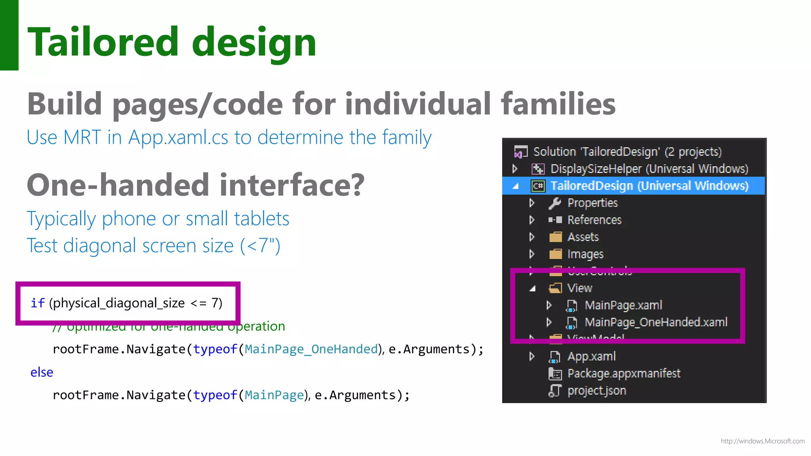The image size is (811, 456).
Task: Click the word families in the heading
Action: [558, 104]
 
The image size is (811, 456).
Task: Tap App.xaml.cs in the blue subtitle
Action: [178, 138]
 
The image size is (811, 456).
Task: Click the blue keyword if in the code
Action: [37, 303]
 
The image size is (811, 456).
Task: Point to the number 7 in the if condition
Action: [215, 303]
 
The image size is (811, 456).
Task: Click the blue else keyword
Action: [42, 372]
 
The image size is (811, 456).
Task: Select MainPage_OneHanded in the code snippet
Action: [311, 349]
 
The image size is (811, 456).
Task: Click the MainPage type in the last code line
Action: [274, 395]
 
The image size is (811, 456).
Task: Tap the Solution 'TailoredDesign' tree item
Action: [627, 152]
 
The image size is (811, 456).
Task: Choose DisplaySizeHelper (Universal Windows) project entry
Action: [649, 169]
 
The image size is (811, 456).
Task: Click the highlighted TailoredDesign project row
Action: [649, 186]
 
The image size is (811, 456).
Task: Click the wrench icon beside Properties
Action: [555, 203]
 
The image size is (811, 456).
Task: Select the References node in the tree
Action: [594, 220]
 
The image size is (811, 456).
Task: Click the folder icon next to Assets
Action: [555, 237]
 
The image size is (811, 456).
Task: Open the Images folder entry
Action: [585, 254]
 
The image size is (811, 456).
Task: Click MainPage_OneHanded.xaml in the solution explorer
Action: [656, 322]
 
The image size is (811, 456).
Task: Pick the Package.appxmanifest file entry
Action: [624, 373]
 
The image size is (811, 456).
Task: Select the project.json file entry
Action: [596, 391]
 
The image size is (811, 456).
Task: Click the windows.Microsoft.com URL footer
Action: [762, 441]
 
